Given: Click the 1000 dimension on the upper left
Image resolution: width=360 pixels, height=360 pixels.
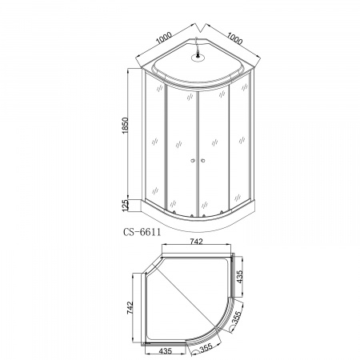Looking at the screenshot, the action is [164, 38].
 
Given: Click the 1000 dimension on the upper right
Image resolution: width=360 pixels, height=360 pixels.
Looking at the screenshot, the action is [235, 38].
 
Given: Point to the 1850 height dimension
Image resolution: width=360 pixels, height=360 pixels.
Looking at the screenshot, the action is [126, 126].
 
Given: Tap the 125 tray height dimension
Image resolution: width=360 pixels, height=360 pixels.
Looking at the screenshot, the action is [126, 206].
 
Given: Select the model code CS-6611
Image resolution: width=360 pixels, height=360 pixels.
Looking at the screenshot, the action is [142, 232].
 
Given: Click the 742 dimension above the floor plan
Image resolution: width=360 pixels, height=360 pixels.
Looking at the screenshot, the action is [197, 242].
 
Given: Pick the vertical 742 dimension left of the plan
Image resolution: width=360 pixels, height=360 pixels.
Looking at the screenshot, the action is [130, 308].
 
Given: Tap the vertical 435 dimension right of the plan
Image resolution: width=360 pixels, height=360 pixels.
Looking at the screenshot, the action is [240, 277].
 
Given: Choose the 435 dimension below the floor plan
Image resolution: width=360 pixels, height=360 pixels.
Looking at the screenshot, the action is [166, 351].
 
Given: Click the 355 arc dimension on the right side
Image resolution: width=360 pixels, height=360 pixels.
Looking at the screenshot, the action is [235, 317].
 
